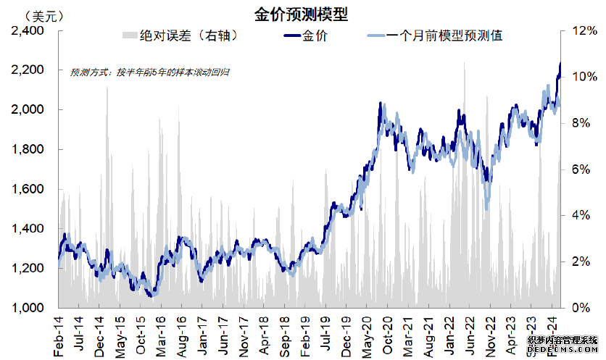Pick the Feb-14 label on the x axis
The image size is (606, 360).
59,335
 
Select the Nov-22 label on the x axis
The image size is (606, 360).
489,335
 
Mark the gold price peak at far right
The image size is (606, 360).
560,64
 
